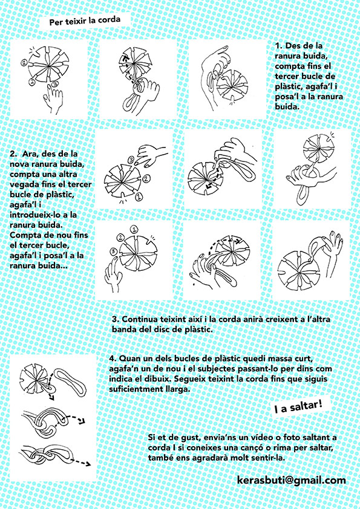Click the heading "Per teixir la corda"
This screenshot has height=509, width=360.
click(x=85, y=21)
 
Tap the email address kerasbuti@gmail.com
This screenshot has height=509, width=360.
click(x=292, y=480)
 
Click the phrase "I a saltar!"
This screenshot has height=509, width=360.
click(x=298, y=406)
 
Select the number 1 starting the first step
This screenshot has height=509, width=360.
click(x=278, y=46)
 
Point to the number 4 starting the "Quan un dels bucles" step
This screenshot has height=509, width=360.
click(x=112, y=358)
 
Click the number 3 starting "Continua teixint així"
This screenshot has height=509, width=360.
click(x=115, y=319)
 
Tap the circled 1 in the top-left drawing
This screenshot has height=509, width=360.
click(x=24, y=63)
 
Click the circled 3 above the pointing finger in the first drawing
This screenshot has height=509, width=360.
click(x=55, y=84)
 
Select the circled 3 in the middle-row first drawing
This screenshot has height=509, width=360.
click(x=131, y=160)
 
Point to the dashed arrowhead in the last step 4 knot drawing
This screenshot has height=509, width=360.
click(x=87, y=464)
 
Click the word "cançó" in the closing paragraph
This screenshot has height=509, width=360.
click(x=271, y=448)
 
